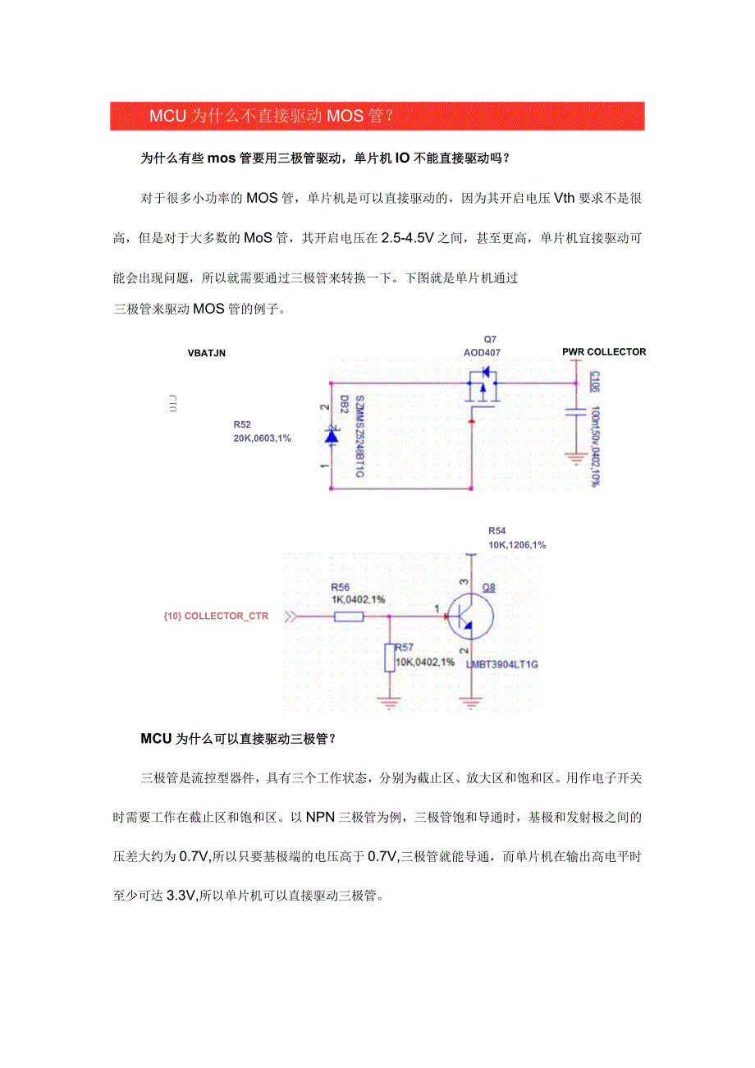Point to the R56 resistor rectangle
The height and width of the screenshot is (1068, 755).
tap(349, 616)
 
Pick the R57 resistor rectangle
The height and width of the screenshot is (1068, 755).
tap(389, 658)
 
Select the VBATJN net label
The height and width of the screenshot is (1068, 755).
tap(206, 353)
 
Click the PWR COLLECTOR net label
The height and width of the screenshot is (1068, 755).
tap(604, 351)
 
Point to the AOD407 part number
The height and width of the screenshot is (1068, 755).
tap(482, 352)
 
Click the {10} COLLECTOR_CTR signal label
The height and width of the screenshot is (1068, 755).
tap(216, 617)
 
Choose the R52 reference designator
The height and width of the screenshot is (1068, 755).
tap(242, 424)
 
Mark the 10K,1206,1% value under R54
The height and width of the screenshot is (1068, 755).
tap(517, 544)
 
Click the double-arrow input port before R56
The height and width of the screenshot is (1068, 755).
tap(290, 617)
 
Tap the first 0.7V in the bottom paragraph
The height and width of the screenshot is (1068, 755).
tap(194, 856)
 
